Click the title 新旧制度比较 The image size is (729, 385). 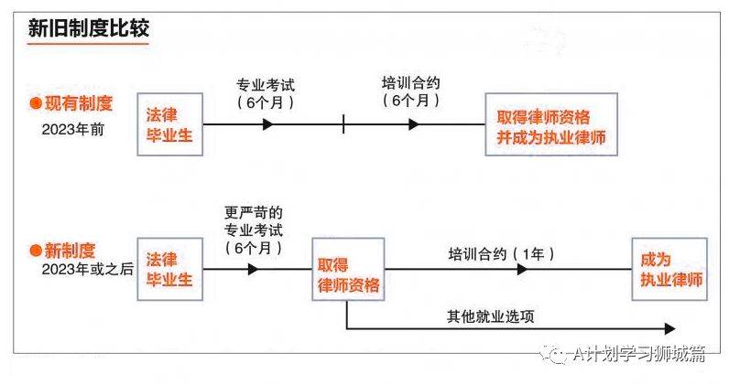[x=89, y=28]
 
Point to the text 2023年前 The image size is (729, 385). [x=73, y=129]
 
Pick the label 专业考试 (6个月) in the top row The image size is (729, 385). [x=266, y=94]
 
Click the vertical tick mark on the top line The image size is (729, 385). [x=343, y=123]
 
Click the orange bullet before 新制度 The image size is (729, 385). [x=36, y=250]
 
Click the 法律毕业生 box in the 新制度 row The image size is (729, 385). [x=169, y=270]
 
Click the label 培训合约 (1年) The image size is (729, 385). [x=502, y=251]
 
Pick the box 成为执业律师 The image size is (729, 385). [x=669, y=270]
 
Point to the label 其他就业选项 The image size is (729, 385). [x=490, y=316]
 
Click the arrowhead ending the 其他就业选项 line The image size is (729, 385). [x=669, y=327]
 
